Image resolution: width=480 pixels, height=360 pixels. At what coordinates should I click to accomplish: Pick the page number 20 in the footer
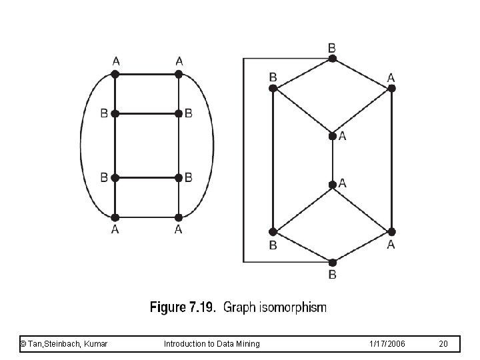444,343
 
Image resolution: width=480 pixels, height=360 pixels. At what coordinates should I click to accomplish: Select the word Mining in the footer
247,343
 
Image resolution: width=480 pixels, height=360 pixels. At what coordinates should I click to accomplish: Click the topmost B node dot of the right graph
333,59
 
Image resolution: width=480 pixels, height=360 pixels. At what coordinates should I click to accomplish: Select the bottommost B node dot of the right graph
333,262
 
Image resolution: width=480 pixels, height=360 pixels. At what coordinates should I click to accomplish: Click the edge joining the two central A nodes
333,159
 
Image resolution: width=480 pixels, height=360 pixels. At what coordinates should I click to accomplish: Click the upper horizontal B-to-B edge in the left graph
147,114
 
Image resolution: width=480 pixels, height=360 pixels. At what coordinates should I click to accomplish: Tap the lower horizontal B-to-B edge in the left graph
147,177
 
